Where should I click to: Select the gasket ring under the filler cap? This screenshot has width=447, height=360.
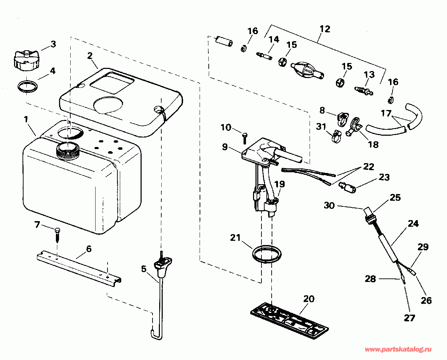[28, 87]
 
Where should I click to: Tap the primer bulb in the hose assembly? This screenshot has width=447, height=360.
[307, 71]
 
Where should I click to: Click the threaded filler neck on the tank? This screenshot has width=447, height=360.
[68, 151]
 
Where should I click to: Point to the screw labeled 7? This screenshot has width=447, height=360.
[58, 236]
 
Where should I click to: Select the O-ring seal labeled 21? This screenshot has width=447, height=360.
[267, 254]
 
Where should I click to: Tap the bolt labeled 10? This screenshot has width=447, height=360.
[245, 138]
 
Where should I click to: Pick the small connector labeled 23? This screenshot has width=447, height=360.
[347, 187]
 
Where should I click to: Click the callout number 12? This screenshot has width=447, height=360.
[325, 29]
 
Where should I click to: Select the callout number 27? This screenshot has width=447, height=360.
[409, 318]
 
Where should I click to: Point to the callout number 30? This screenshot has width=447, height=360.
[329, 205]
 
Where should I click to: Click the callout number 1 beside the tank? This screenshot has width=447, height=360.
[26, 119]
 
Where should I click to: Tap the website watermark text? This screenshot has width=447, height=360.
[398, 349]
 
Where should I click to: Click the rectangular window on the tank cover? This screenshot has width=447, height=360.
[112, 82]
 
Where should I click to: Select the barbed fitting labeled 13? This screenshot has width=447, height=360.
[363, 91]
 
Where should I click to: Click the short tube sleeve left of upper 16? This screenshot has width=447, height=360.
[224, 41]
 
